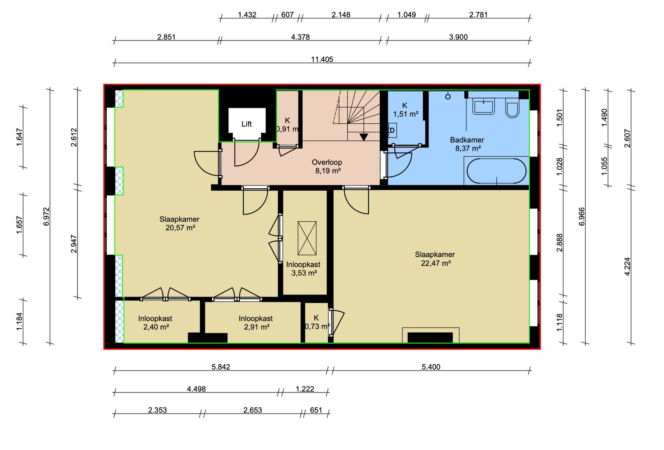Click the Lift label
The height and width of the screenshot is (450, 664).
tap(246, 124)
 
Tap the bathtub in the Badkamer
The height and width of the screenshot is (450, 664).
tap(496, 171)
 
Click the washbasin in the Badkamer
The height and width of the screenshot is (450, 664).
tap(484, 107)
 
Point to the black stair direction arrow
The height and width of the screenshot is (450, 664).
tap(364, 137)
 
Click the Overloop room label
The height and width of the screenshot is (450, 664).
tap(327, 162)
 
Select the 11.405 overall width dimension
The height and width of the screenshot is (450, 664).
tap(322, 60)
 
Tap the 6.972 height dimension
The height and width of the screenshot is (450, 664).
tap(47, 216)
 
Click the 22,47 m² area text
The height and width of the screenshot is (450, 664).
tap(436, 263)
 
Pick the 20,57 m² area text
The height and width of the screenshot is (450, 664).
tap(180, 228)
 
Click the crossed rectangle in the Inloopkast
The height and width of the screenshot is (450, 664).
tap(307, 238)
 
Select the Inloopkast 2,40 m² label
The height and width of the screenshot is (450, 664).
tap(155, 322)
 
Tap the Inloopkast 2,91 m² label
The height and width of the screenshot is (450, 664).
tap(256, 322)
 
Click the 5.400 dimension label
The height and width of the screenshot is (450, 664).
tap(431, 367)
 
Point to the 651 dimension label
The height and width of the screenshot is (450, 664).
tap(316, 410)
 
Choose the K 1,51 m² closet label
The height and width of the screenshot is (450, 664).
tap(406, 110)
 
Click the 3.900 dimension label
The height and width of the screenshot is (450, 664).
tap(458, 37)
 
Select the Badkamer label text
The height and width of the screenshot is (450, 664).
tap(467, 140)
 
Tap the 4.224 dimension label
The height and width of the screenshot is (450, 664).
tap(627, 267)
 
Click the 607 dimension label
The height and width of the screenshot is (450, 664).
tap(287, 15)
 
